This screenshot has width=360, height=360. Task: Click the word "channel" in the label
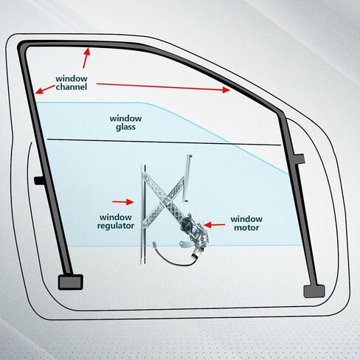(72, 87)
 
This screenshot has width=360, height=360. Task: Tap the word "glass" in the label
(125, 127)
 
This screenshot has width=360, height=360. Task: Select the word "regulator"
(116, 226)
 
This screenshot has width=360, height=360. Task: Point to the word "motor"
(246, 227)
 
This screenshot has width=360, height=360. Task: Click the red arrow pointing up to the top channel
(86, 58)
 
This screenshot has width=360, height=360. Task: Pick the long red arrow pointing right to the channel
(163, 87)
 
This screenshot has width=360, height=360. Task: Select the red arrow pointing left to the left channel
(45, 89)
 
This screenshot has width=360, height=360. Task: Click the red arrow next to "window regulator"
(123, 202)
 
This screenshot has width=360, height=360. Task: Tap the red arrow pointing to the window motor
(215, 225)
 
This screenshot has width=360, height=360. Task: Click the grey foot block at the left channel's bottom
(71, 282)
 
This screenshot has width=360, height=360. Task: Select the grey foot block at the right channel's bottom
(314, 291)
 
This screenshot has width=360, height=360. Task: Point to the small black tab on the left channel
(39, 181)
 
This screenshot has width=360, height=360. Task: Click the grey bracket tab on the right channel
(300, 159)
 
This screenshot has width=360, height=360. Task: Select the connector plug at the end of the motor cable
(155, 245)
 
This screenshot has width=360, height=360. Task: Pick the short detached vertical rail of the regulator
(187, 178)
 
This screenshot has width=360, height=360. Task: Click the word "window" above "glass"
(125, 119)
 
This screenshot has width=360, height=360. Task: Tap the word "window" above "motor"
(246, 219)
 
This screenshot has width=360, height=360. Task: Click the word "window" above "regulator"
(116, 218)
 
